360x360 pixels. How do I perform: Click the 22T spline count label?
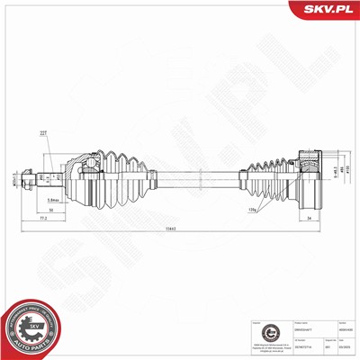click(x=68, y=135)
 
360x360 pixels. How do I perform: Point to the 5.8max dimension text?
click(x=80, y=201)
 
